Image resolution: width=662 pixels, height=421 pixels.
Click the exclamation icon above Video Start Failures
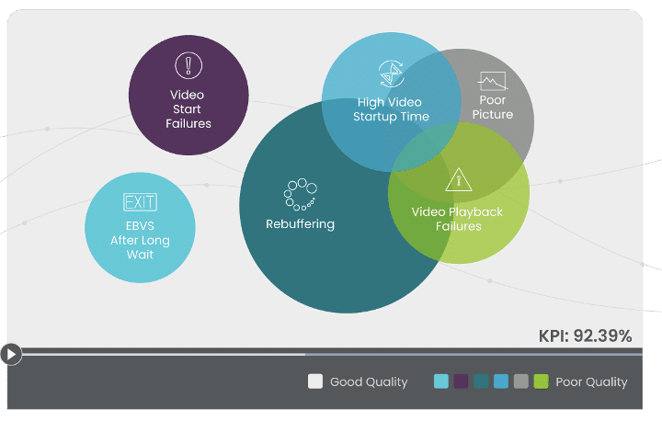pos(188,65)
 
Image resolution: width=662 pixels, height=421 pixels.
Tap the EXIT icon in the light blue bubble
pos(140,202)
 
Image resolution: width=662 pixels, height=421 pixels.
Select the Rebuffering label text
pos(300,223)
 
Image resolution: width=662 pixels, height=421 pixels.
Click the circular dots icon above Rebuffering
pos(299,194)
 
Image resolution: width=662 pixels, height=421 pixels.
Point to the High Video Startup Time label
pos(391,109)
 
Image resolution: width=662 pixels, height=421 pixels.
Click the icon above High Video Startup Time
pos(391,74)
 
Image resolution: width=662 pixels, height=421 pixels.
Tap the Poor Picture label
pos(493,108)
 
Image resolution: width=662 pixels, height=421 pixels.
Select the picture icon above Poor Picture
pos(493,80)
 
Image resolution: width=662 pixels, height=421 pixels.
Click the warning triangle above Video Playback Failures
pos(457,180)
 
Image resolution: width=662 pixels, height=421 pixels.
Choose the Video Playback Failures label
pos(457,219)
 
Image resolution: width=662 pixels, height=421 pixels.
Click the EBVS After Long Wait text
pos(140,241)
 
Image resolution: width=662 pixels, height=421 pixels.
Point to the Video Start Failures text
pos(188,108)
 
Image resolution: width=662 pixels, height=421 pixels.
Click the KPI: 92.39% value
pos(585,336)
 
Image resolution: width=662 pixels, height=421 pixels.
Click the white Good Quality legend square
pos(315,381)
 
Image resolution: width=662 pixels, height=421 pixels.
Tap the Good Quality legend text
pos(369,381)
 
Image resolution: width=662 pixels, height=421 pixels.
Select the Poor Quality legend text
pos(591,381)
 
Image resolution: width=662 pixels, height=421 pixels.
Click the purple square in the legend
pos(461,381)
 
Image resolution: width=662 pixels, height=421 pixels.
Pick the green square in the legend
pos(541,381)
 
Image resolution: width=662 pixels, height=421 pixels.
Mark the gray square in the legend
pos(520,381)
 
